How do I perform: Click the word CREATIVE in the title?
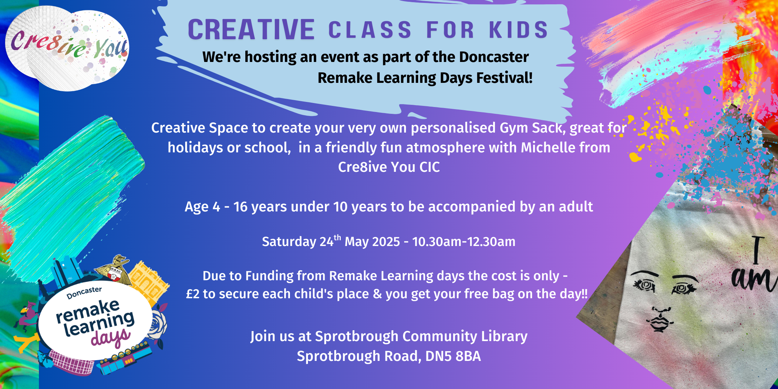tap(251, 30)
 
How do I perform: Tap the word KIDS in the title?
tap(519, 30)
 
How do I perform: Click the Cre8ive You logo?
tap(67, 48)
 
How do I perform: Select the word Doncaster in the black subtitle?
tap(494, 57)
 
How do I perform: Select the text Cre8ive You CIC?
tap(389, 167)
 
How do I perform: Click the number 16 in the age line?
tap(240, 207)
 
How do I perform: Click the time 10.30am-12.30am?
tap(464, 242)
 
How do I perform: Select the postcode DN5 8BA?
tap(453, 356)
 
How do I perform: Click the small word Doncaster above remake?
tap(84, 293)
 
